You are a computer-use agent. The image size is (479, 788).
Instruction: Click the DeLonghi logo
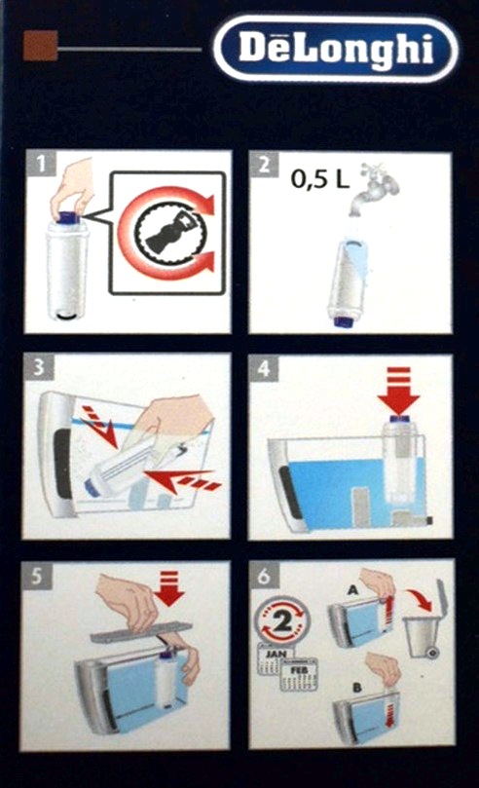(x=336, y=50)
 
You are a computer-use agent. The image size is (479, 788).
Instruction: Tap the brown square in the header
(x=41, y=45)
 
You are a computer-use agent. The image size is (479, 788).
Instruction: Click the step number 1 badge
(x=40, y=164)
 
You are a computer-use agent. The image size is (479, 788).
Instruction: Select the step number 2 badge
(x=264, y=164)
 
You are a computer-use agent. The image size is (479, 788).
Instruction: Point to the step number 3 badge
(x=39, y=367)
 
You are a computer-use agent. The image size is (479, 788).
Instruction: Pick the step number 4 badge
(x=264, y=369)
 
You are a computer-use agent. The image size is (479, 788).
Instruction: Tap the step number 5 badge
(x=37, y=576)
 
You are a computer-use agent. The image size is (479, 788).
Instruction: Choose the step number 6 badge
(x=264, y=576)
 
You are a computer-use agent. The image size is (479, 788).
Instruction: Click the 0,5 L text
(x=320, y=179)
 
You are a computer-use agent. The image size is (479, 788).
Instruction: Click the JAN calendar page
(x=274, y=659)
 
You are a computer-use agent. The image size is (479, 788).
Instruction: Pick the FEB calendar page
(x=299, y=674)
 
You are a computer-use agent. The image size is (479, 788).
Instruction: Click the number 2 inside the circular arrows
(x=282, y=621)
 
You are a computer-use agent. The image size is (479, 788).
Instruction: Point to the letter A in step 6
(x=352, y=589)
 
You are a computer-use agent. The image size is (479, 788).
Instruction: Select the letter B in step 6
(x=357, y=687)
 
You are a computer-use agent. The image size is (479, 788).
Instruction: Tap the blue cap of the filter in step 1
(x=67, y=217)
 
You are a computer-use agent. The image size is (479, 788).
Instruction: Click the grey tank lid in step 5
(x=141, y=632)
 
